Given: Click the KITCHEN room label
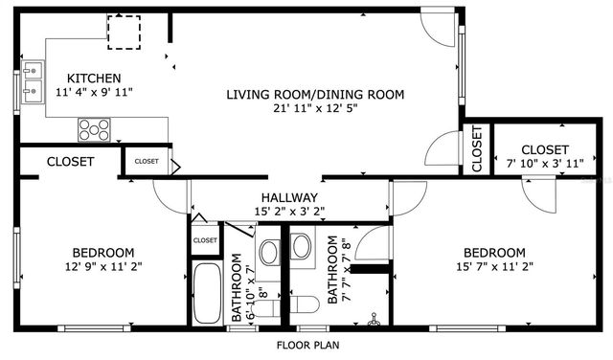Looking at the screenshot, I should (93, 78).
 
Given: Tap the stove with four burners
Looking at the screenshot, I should (93, 128).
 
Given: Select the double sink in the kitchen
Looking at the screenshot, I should (32, 81).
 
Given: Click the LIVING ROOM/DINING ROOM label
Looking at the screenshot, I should (315, 94).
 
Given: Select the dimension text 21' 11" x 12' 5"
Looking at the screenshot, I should (315, 110).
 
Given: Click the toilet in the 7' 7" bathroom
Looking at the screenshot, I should (306, 304).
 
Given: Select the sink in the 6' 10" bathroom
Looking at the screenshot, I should (269, 253).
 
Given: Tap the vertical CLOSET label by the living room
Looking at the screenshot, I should (476, 149).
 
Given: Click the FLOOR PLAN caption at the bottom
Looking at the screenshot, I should (306, 345).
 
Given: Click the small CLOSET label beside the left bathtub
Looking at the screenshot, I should (205, 240).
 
